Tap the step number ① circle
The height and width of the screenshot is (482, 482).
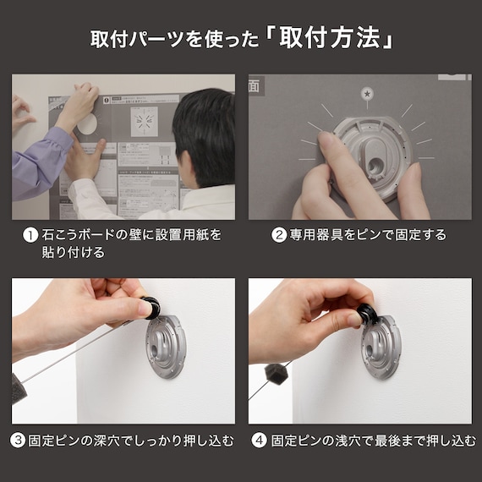[x=29, y=235]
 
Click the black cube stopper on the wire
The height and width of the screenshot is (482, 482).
[x=276, y=375]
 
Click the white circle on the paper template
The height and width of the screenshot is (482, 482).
[x=87, y=123]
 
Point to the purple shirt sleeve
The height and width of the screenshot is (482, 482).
[x=38, y=161]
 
